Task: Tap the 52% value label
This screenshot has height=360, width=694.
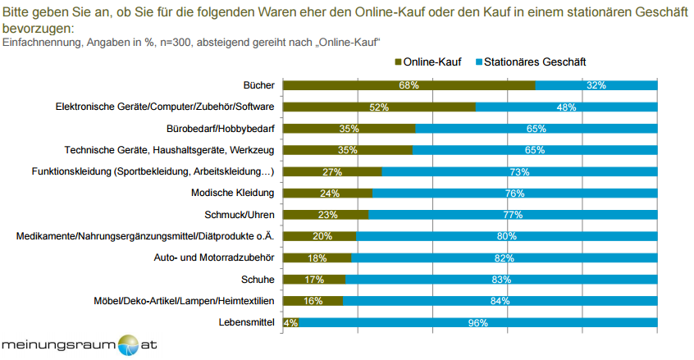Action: click(379, 107)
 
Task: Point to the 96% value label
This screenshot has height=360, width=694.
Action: click(477, 322)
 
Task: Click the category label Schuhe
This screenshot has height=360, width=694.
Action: click(258, 280)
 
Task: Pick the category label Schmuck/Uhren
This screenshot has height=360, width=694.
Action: click(239, 215)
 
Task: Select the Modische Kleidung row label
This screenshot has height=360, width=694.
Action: click(232, 194)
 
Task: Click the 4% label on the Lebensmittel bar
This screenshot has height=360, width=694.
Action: click(290, 322)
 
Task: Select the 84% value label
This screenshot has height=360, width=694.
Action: click(500, 301)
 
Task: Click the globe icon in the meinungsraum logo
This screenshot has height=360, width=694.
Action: click(130, 344)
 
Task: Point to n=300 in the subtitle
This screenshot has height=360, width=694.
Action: click(177, 41)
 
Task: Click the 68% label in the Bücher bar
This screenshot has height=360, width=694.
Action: click(409, 85)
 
